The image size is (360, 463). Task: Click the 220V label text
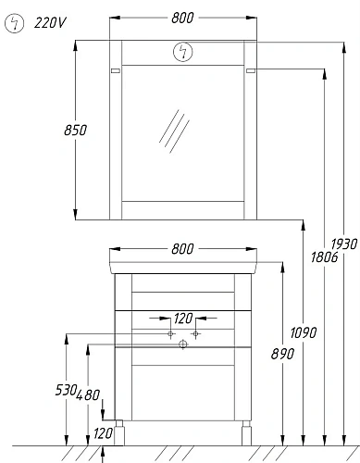(50, 23)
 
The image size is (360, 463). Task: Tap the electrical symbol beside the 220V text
(14, 23)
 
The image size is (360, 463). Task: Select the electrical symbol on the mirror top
(183, 52)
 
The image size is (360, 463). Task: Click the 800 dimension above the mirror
(182, 18)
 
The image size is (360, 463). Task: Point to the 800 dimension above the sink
(182, 249)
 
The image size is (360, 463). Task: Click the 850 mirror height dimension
(76, 130)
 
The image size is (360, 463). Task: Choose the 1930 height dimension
(344, 244)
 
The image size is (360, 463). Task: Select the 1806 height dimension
(324, 257)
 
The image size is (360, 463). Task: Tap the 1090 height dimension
(304, 332)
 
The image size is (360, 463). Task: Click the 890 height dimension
(282, 354)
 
